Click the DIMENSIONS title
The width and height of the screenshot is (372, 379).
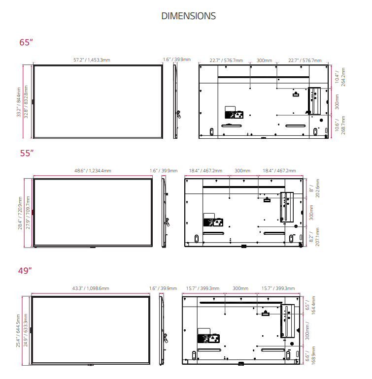pyautogui.click(x=188, y=16)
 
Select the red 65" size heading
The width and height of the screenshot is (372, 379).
pyautogui.click(x=26, y=42)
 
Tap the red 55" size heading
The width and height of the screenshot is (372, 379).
pyautogui.click(x=27, y=153)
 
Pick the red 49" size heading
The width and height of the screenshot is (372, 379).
pyautogui.click(x=25, y=271)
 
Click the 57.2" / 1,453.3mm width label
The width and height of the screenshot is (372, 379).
pyautogui.click(x=92, y=60)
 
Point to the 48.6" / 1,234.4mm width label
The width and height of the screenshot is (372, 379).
pyautogui.click(x=93, y=171)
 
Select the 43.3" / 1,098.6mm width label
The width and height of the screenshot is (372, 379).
pyautogui.click(x=91, y=288)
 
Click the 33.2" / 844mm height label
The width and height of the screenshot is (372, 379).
pyautogui.click(x=19, y=102)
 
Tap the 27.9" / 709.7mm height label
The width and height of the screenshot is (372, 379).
pyautogui.click(x=28, y=213)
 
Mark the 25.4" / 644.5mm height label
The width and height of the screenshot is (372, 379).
pyautogui.click(x=18, y=331)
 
